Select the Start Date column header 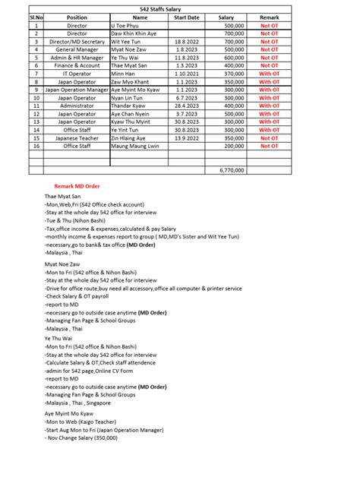[187, 15]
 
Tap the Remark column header [270, 15]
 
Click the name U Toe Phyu [126, 25]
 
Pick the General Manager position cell [77, 49]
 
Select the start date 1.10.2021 [187, 74]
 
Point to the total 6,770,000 [230, 170]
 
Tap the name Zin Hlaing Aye [134, 137]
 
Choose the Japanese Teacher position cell [77, 137]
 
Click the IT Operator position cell [77, 74]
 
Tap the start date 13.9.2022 [187, 137]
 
